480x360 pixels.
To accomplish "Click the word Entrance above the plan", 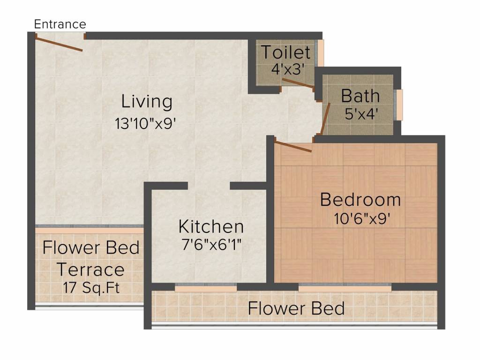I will [60, 24].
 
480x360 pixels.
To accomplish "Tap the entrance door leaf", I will [59, 45].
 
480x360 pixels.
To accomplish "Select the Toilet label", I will [285, 52].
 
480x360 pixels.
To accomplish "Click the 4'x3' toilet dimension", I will [288, 68].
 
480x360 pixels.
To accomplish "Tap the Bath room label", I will [360, 96].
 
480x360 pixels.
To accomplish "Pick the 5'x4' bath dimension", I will [361, 114].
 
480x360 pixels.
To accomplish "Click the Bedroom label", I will [360, 200].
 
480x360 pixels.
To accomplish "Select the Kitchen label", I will [211, 226].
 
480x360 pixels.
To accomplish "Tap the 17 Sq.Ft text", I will [91, 287].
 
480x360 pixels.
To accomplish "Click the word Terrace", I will [90, 270].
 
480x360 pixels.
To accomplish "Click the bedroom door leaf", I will [293, 146].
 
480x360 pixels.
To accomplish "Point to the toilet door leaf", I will [298, 83].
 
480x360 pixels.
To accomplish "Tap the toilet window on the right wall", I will [321, 53].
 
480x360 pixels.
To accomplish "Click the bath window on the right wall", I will [400, 105].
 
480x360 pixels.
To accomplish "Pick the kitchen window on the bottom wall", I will [206, 288].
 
